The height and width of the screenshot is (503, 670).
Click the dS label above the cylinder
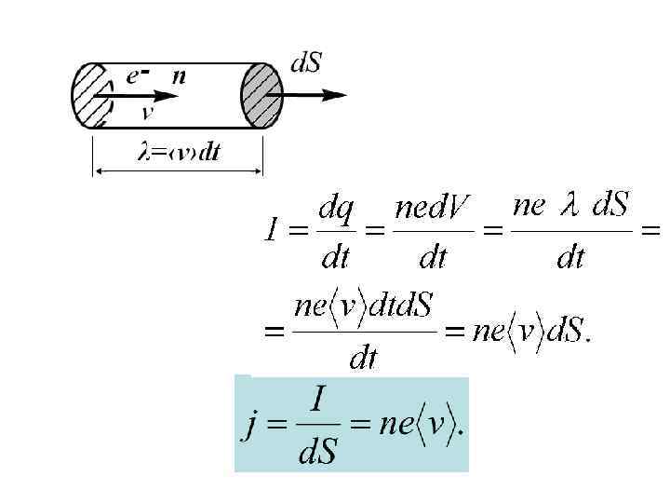pos(307,64)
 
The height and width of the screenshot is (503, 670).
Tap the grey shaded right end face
pos(261,96)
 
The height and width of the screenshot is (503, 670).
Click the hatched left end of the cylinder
pos(91,96)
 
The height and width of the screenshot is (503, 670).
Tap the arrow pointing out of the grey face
pos(316,94)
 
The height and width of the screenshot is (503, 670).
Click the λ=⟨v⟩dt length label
pos(179,153)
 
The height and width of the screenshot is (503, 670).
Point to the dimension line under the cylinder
pos(177,170)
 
